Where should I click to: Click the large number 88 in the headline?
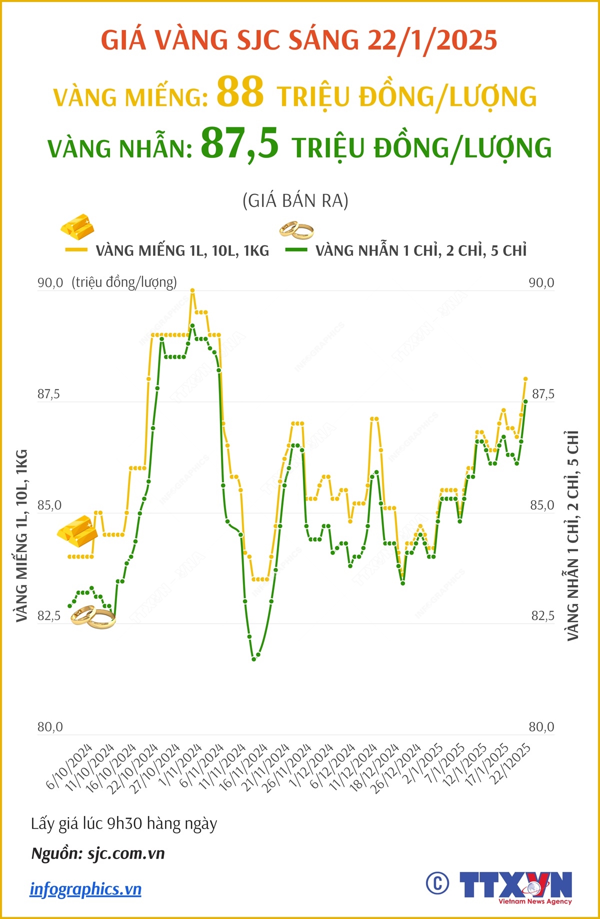240,92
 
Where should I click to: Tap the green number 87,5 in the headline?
239,143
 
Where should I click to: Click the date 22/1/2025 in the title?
432,40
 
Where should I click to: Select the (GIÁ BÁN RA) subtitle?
295,201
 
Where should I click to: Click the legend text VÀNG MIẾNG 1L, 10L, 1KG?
182,251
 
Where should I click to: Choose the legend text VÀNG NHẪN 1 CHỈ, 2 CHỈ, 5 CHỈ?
421,251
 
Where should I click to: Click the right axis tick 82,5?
542,616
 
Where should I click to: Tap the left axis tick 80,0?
50,727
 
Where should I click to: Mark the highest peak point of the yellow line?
192,290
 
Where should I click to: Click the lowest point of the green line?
254,659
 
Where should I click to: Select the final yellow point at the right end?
525,379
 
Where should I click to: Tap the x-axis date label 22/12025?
510,765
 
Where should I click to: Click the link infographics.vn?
85,889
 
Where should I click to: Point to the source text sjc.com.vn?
126,854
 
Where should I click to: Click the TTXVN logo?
515,887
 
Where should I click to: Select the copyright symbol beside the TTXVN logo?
437,884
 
